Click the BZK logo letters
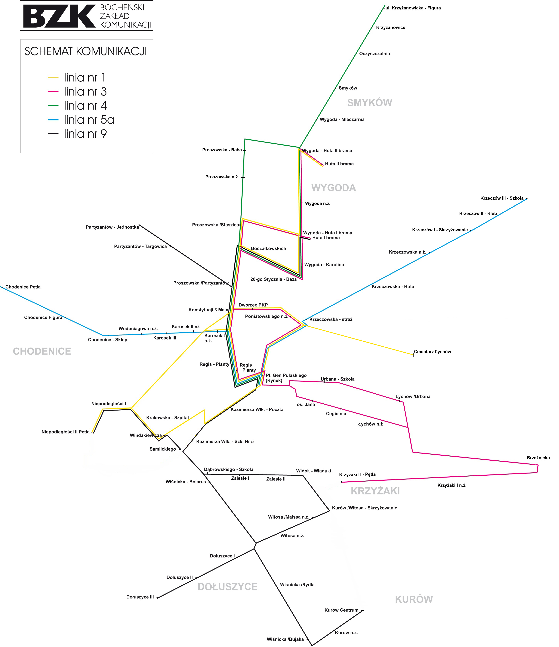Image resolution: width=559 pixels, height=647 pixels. pyautogui.click(x=59, y=16)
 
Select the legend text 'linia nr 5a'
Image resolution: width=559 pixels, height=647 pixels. pyautogui.click(x=89, y=120)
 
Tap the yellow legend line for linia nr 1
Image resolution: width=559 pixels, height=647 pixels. pyautogui.click(x=53, y=77)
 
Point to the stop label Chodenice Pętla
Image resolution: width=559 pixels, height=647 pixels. pyautogui.click(x=23, y=287)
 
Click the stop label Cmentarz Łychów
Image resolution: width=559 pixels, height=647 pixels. pyautogui.click(x=432, y=352)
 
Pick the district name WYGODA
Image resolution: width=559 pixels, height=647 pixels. pyautogui.click(x=333, y=188)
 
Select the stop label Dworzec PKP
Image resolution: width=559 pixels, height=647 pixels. pyautogui.click(x=253, y=305)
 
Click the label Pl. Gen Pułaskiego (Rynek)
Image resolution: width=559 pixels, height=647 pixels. pyautogui.click(x=286, y=378)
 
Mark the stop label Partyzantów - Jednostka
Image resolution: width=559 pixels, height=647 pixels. pyautogui.click(x=112, y=227)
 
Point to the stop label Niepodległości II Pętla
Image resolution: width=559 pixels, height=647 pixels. pyautogui.click(x=66, y=432)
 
